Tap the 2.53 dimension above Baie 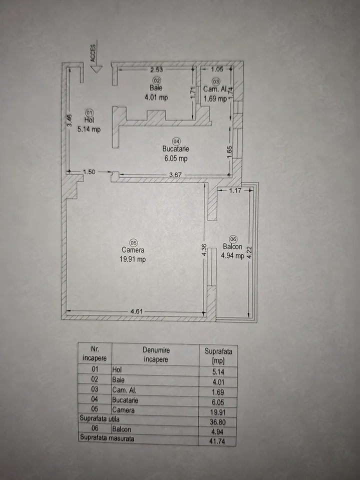click(156, 69)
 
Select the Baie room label click(156, 88)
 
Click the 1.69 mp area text click(215, 98)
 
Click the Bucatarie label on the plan click(175, 149)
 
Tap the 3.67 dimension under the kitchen click(175, 175)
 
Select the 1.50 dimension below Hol click(89, 171)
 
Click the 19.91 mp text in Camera click(133, 259)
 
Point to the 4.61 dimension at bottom click(136, 311)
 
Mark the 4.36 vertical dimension click(205, 250)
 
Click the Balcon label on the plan click(232, 246)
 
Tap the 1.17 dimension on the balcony click(235, 190)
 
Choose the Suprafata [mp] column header click(218, 355)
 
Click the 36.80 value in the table click(217, 422)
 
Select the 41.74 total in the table click(217, 441)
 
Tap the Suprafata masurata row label click(107, 438)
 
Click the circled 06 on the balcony click(233, 239)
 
